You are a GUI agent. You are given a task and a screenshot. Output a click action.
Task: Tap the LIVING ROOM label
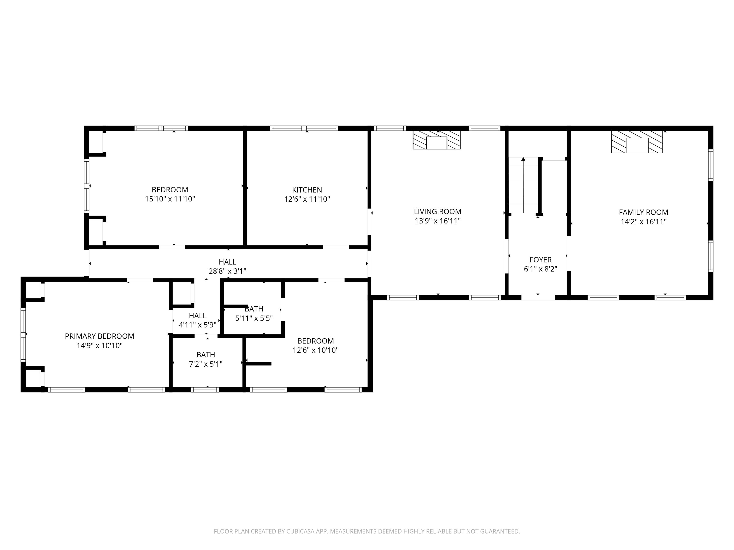point(437,211)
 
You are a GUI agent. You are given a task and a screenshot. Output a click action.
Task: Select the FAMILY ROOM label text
point(643,212)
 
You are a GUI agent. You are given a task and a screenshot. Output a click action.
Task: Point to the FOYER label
point(540,260)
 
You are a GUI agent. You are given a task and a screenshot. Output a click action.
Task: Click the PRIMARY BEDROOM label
point(100,336)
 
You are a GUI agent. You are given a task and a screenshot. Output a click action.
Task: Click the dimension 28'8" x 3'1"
point(227,271)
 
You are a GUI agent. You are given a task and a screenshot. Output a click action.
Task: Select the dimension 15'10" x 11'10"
point(170,199)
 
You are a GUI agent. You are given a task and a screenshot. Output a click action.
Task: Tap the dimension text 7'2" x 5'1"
point(206,364)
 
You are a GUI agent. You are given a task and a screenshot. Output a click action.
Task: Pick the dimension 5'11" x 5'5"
point(254,318)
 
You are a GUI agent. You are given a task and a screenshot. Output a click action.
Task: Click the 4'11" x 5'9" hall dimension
point(197,325)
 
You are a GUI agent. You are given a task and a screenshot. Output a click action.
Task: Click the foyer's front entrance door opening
point(538,297)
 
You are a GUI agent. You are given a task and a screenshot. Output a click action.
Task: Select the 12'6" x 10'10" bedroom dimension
point(315,350)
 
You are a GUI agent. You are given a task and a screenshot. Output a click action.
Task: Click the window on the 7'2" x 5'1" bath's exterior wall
point(205,390)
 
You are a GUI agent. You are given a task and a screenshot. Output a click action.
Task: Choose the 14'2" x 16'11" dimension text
point(643,221)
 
